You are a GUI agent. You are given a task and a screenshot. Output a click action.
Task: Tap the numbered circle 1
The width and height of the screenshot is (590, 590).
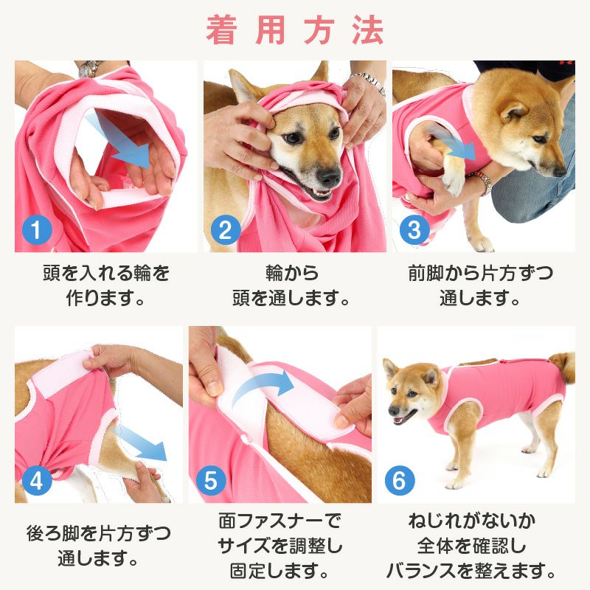coord(35,230)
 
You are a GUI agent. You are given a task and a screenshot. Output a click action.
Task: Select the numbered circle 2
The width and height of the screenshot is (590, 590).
coord(224,230)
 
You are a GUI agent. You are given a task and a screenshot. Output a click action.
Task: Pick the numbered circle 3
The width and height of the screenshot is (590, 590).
coord(414,230)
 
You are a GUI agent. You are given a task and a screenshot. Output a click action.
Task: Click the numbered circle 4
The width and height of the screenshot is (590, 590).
coord(35,482)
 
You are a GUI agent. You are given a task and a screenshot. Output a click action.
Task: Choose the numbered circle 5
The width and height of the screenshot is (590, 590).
coord(210,482)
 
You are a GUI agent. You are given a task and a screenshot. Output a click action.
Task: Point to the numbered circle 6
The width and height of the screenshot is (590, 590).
coord(399,482)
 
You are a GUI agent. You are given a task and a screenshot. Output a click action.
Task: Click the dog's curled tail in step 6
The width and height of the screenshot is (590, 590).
coord(563,366)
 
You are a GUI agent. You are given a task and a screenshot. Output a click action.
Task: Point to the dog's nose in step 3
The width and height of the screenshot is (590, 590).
coord(560,170)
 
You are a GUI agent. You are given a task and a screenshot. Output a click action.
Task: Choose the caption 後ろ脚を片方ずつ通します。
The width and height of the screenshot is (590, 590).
coord(98,544)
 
